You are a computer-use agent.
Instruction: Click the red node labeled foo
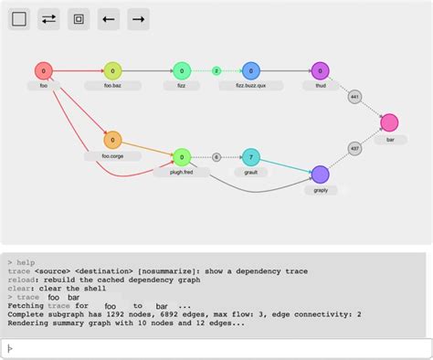point(44,70)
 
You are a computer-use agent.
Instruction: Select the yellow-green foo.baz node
point(112,70)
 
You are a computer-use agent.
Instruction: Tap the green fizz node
point(181,70)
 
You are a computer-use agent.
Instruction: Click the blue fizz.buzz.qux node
point(251,70)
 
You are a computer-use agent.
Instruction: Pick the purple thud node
point(320,70)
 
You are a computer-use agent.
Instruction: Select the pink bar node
point(390,122)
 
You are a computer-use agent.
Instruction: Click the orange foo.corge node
point(112,140)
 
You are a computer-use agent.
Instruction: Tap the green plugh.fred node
point(181,157)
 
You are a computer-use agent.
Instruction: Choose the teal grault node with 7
point(251,157)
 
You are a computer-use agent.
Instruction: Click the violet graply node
point(320,175)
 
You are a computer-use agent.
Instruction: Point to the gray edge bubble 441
point(354,96)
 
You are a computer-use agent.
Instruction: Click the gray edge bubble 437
point(354,148)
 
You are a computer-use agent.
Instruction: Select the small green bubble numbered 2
point(216,70)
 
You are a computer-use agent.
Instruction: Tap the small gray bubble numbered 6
point(216,157)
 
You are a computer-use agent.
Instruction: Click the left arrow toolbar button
point(109,18)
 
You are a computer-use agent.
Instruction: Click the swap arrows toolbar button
point(49,18)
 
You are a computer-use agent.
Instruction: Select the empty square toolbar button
point(20,18)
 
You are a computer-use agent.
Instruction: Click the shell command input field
point(216,347)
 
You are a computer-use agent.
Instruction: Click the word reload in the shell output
point(22,279)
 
